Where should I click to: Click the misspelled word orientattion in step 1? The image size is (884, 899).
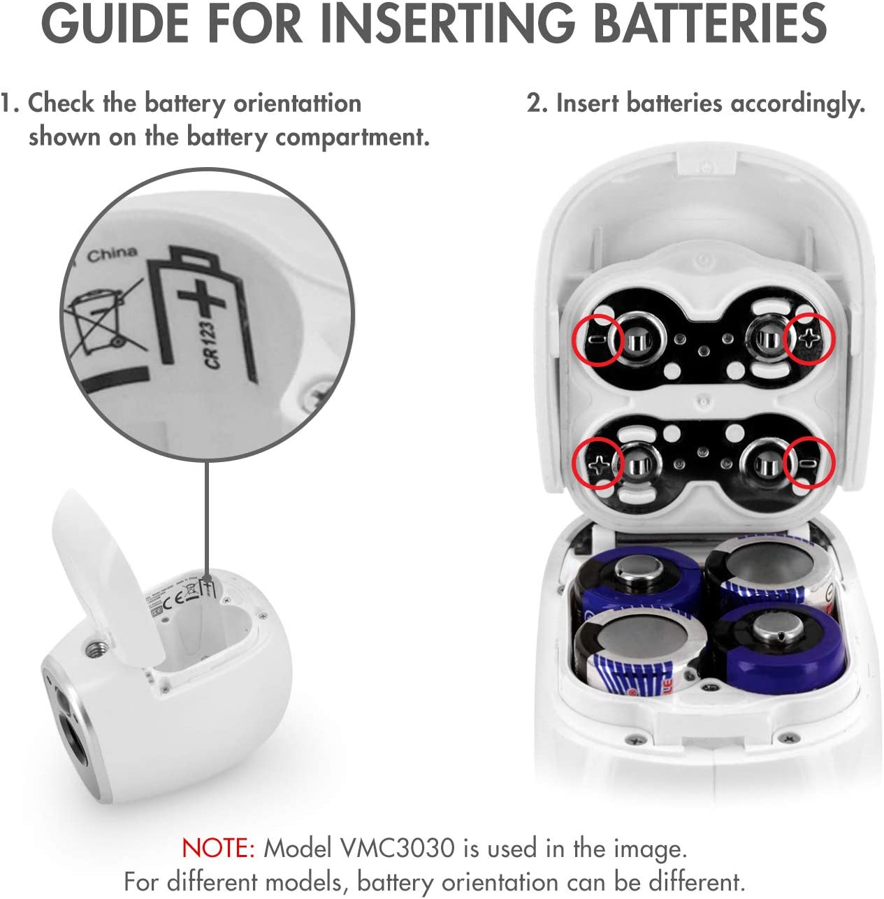(297, 103)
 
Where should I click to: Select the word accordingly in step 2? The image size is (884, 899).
(798, 104)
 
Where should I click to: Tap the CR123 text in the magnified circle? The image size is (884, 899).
(211, 345)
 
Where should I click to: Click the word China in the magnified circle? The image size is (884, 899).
(112, 254)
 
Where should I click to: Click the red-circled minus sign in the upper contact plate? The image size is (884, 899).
(595, 339)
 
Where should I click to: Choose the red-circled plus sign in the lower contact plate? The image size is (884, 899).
(597, 464)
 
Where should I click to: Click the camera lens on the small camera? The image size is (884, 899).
(76, 745)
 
